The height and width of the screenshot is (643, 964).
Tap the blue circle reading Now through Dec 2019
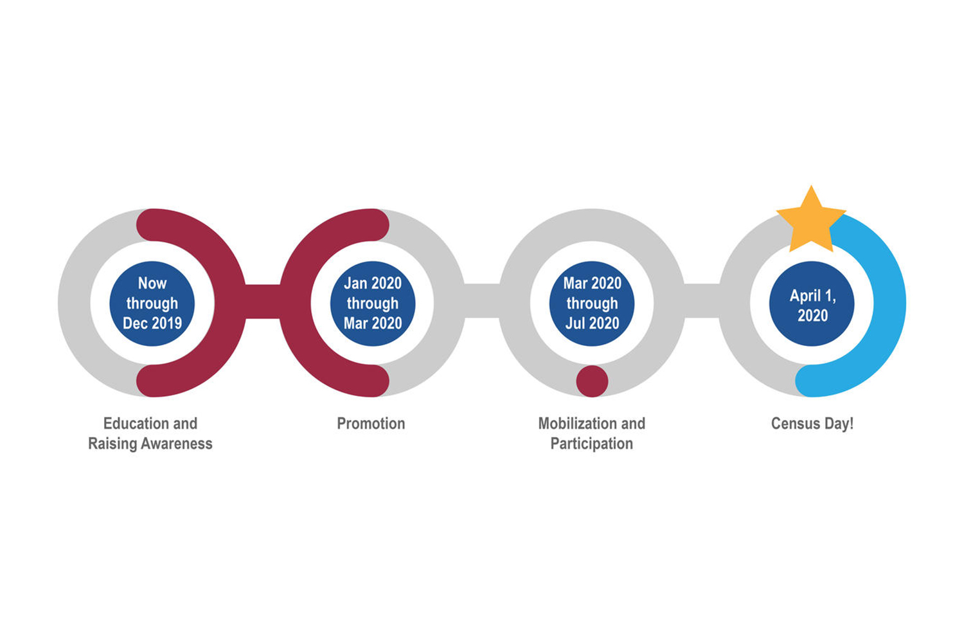(152, 303)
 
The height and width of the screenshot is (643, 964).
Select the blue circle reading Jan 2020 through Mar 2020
(373, 303)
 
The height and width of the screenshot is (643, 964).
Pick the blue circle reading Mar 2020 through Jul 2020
(592, 303)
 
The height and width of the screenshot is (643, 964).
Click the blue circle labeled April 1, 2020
(812, 303)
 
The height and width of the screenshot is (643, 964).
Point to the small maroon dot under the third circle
(592, 381)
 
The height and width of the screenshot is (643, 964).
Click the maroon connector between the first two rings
(262, 302)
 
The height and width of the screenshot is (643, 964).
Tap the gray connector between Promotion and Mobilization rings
(482, 301)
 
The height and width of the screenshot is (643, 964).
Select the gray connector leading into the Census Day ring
(702, 301)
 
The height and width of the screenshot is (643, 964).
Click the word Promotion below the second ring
(371, 423)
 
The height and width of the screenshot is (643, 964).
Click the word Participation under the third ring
(592, 444)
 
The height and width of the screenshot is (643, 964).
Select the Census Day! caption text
(812, 424)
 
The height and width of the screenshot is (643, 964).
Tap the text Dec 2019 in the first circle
(152, 323)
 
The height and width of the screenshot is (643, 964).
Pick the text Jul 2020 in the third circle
(592, 323)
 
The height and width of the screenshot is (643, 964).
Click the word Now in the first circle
(152, 283)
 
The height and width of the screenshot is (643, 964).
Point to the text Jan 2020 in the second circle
(373, 283)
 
